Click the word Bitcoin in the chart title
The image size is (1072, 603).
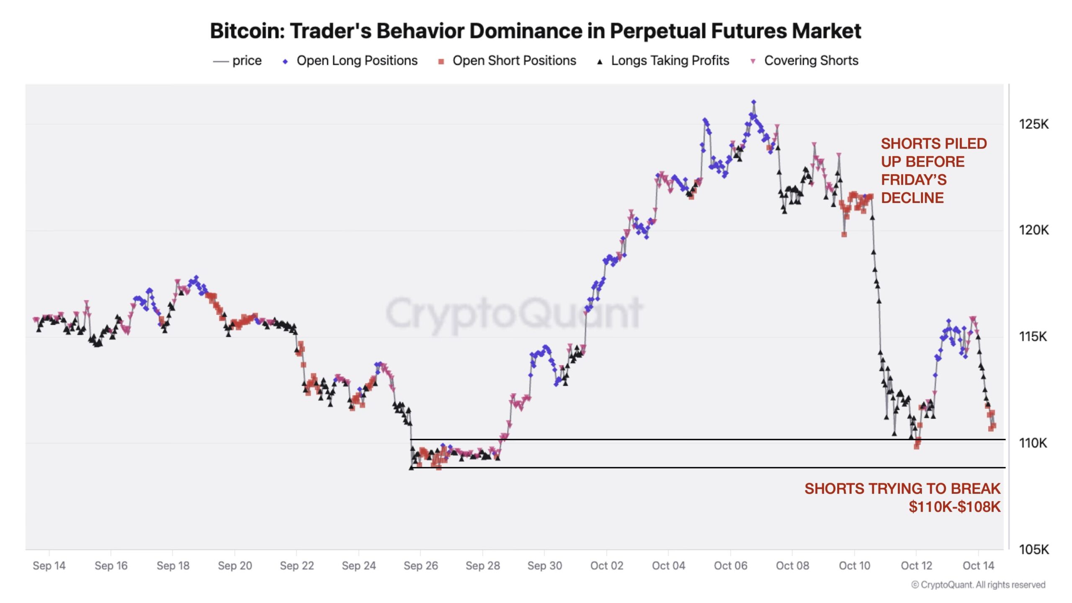click(247, 31)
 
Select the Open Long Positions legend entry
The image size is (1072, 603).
click(356, 61)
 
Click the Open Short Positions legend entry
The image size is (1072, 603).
click(514, 61)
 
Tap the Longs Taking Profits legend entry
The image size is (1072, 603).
click(670, 61)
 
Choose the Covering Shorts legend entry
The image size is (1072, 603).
click(811, 61)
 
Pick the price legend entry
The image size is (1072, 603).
click(246, 61)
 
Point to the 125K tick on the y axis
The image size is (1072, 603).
click(1033, 124)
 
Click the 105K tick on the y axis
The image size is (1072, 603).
click(1033, 549)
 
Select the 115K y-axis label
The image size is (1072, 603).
click(1033, 336)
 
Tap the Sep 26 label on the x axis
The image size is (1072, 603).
click(420, 566)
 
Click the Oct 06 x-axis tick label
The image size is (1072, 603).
click(730, 566)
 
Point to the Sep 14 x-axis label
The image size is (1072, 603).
click(49, 566)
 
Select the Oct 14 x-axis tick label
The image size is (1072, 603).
click(978, 566)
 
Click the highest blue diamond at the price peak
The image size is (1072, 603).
click(754, 102)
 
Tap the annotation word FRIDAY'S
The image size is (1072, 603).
click(913, 180)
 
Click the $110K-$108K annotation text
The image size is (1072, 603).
click(954, 507)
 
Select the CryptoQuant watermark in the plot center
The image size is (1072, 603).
click(513, 313)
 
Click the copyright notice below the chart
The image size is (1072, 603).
click(978, 585)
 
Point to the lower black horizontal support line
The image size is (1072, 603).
click(712, 467)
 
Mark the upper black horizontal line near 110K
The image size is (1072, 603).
click(712, 439)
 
